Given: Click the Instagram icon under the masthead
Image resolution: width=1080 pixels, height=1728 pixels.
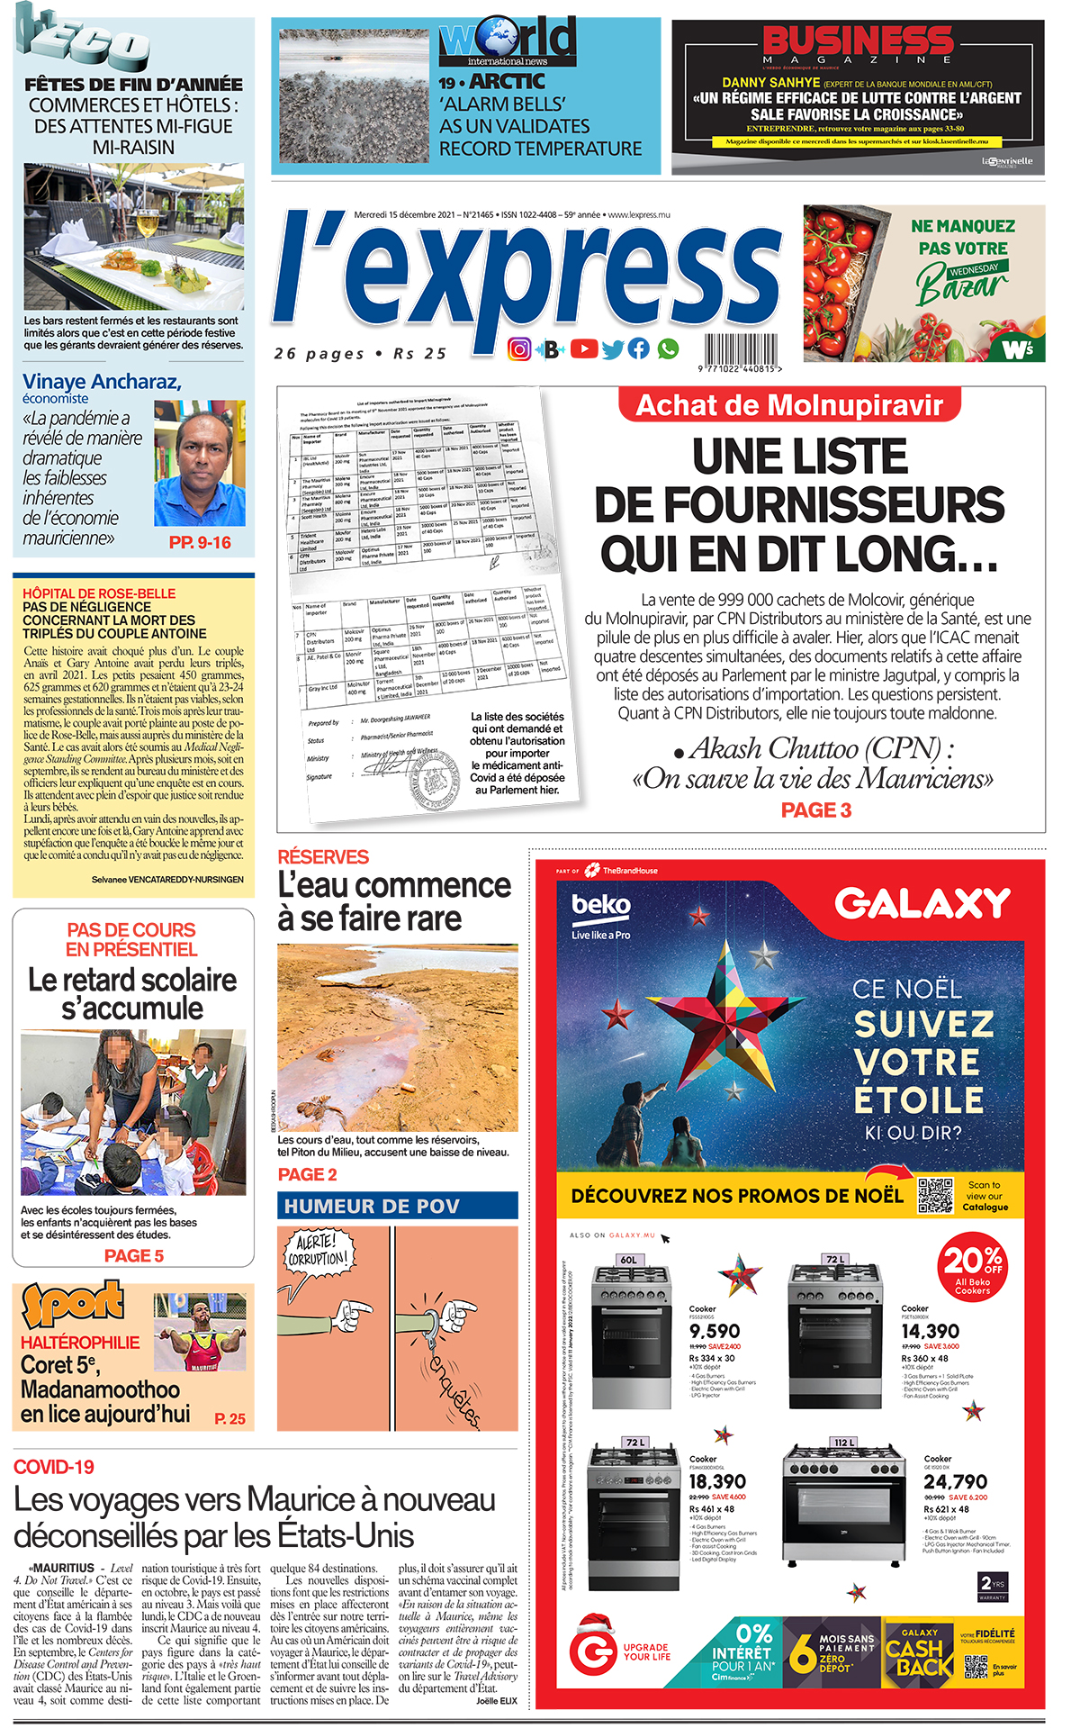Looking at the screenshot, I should point(519,349).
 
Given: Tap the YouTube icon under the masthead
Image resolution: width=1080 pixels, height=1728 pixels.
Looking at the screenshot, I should point(583,348).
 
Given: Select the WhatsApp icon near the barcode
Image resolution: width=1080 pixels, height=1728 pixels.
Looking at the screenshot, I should point(668,348).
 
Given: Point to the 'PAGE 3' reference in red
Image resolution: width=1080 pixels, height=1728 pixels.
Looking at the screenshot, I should point(815,810).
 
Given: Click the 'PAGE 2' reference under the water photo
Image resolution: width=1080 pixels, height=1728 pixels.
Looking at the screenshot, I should point(307,1174).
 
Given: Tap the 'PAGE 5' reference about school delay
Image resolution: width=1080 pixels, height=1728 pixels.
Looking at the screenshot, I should point(134,1255).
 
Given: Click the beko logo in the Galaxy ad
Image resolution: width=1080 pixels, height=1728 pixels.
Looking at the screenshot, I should point(601,905).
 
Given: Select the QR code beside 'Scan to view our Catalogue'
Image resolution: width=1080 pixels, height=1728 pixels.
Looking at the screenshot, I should point(935,1195).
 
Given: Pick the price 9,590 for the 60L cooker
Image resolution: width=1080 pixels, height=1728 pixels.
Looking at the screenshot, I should point(715,1331).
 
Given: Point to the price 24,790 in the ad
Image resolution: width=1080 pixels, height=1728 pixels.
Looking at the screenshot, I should point(955,1481).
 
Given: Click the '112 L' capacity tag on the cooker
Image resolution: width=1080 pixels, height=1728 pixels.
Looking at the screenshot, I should point(844,1442).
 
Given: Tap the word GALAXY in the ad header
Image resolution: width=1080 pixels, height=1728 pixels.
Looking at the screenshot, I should point(922,903).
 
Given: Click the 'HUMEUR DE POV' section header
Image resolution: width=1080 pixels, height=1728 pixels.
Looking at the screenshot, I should point(397,1206).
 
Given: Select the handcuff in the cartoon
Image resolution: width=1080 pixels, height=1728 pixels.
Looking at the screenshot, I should point(430,1324).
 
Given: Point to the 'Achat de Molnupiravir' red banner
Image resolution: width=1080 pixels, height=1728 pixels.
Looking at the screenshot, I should point(789,405).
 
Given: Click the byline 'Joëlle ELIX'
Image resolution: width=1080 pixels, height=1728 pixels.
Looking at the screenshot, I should point(497,1700).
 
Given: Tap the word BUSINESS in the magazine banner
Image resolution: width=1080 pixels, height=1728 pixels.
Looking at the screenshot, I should point(858,41).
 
